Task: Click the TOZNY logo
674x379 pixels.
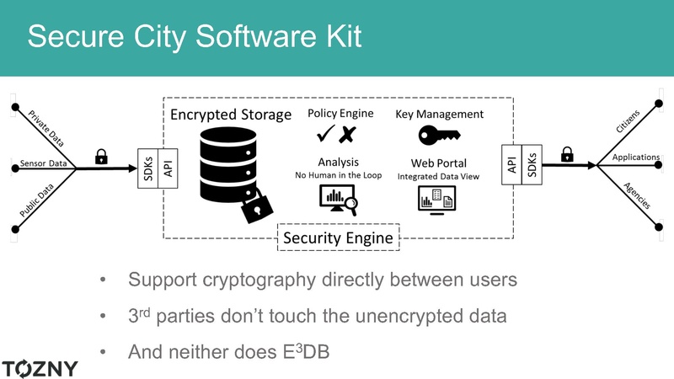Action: point(40,368)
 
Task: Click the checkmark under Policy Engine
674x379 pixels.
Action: point(326,135)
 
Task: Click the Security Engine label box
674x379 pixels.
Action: point(337,238)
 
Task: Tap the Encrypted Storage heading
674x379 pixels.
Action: point(231,114)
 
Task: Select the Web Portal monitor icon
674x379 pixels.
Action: point(438,199)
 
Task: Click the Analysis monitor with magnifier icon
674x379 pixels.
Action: point(337,200)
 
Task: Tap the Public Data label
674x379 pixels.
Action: point(43,202)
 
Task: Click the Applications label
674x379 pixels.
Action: point(636,157)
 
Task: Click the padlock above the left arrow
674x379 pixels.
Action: point(101,156)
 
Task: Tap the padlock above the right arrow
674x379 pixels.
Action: point(567,154)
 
